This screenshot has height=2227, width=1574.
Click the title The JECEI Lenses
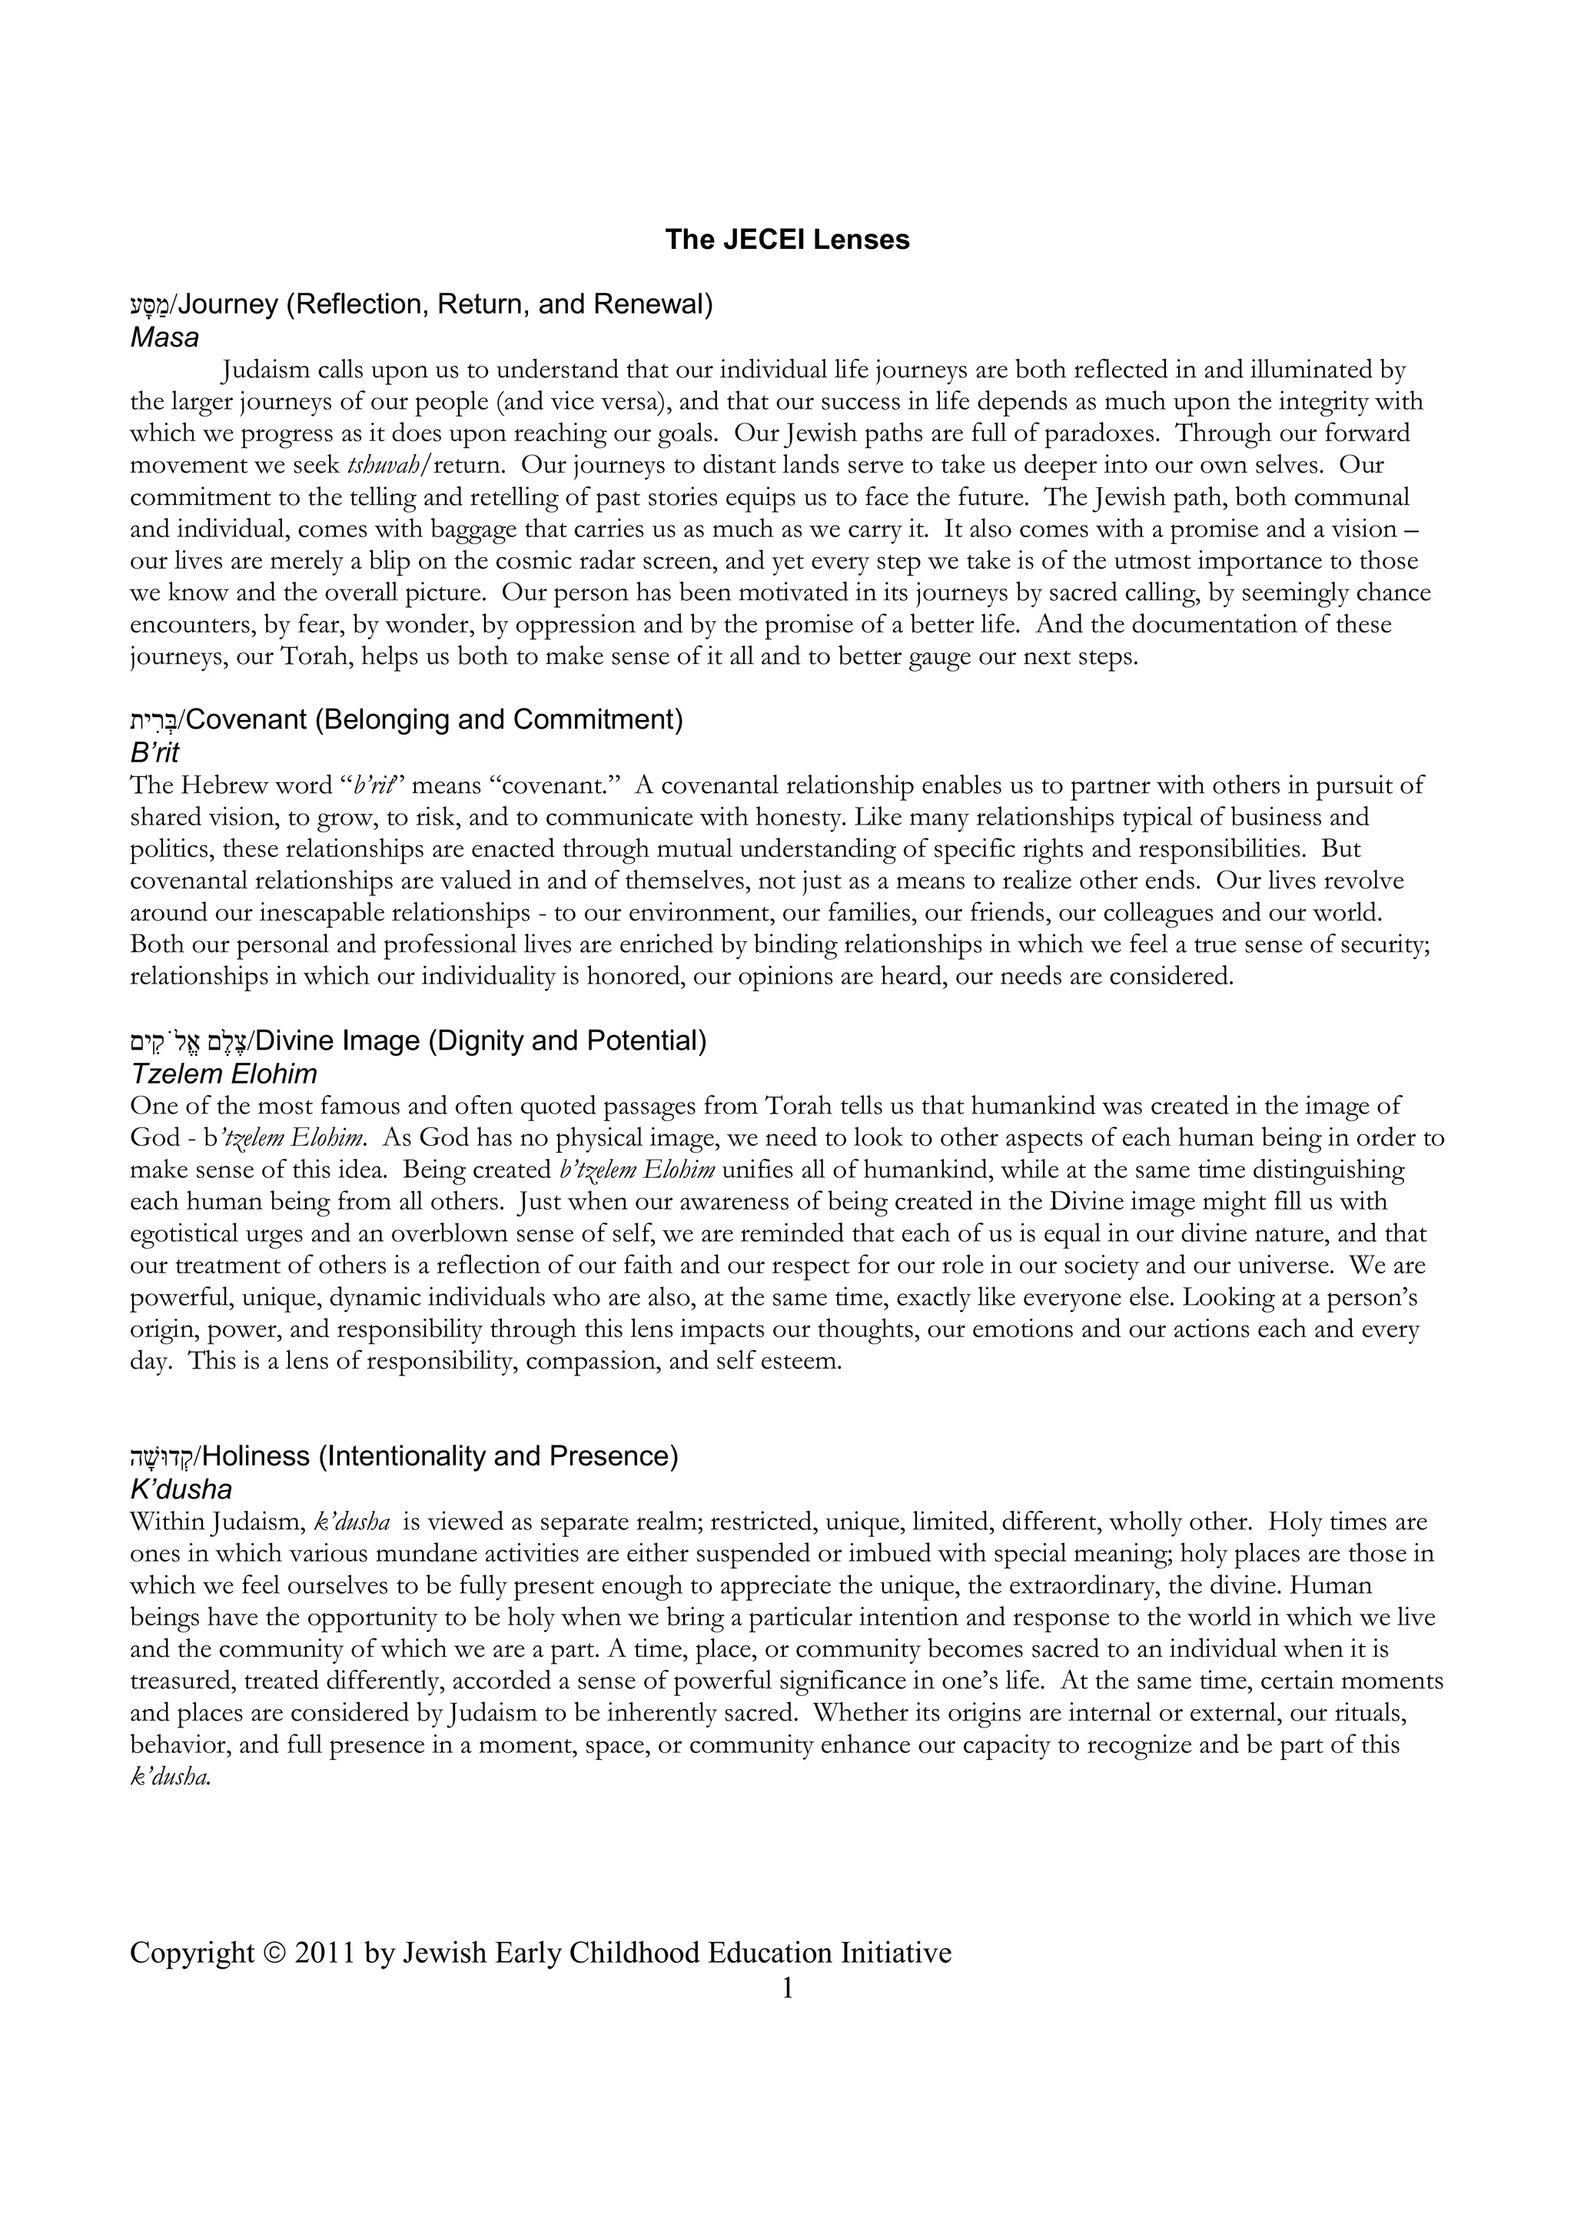(786, 240)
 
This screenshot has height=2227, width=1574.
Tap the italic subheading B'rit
(154, 752)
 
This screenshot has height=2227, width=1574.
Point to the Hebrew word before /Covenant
(155, 721)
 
